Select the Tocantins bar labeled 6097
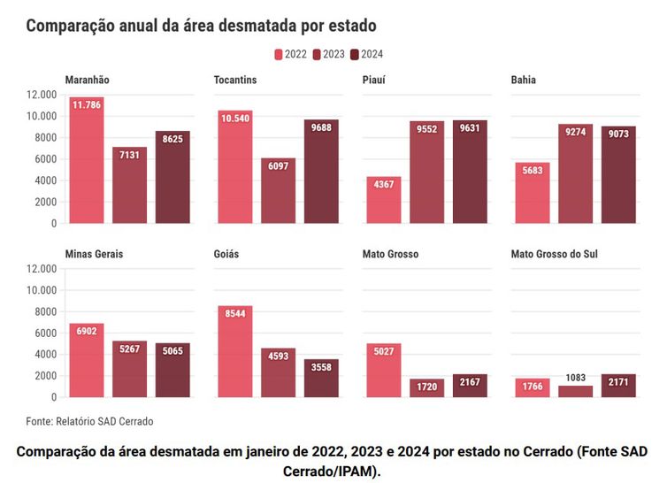click(278, 191)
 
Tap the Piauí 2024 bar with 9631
click(470, 172)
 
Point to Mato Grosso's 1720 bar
click(427, 387)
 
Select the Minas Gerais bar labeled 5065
click(172, 370)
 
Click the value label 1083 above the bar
click(576, 378)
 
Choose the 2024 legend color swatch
click(356, 54)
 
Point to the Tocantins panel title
click(235, 80)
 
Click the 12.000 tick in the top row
click(42, 95)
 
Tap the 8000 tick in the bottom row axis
click(45, 311)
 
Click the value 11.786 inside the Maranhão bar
click(87, 105)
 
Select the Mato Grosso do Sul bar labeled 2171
click(618, 385)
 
